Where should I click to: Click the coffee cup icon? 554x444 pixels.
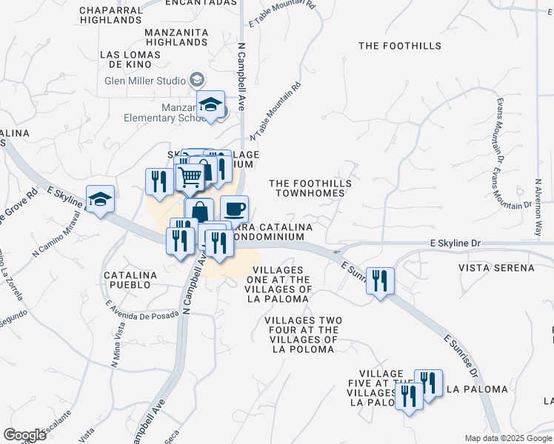tap(234, 208)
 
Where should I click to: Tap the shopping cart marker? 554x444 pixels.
tap(190, 177)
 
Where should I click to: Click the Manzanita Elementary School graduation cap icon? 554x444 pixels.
tap(210, 104)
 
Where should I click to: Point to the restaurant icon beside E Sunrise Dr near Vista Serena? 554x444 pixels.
tap(380, 280)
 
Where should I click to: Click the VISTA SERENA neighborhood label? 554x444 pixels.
tap(495, 267)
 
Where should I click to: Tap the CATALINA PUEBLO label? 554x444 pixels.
tap(130, 280)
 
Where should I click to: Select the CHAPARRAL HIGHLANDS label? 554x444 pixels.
tap(110, 15)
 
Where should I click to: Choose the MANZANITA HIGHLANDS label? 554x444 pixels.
tap(176, 38)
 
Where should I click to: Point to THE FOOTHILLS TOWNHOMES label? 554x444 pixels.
tap(307, 188)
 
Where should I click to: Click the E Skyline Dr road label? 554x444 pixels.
tap(455, 243)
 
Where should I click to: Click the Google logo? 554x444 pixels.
tap(24, 435)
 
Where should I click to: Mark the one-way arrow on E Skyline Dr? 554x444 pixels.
tap(338, 252)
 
